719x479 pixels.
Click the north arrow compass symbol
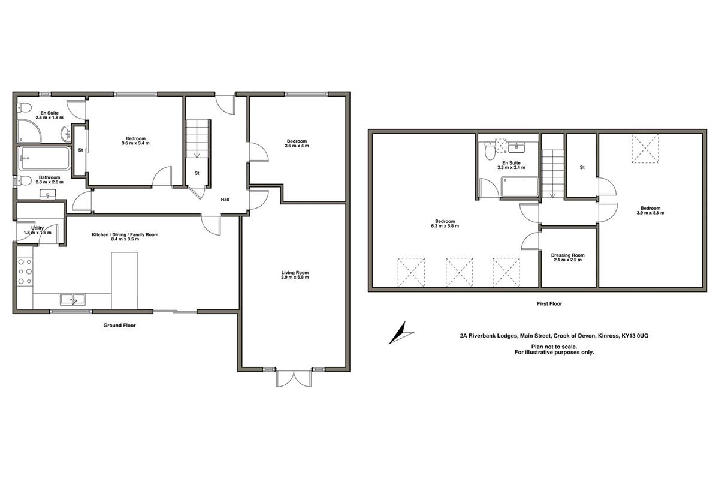pyautogui.click(x=398, y=333)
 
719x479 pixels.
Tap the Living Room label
pyautogui.click(x=295, y=275)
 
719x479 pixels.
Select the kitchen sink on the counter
pyautogui.click(x=72, y=299)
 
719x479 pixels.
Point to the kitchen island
pyautogui.click(x=124, y=272)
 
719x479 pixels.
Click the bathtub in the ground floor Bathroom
pyautogui.click(x=44, y=159)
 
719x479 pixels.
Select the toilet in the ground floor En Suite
pyautogui.click(x=25, y=108)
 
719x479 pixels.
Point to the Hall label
pyautogui.click(x=225, y=200)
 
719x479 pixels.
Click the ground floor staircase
pyautogui.click(x=197, y=138)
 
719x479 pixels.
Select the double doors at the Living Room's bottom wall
pyautogui.click(x=294, y=379)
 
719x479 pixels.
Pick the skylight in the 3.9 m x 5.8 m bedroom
pyautogui.click(x=645, y=149)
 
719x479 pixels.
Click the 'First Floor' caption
pyautogui.click(x=549, y=304)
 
